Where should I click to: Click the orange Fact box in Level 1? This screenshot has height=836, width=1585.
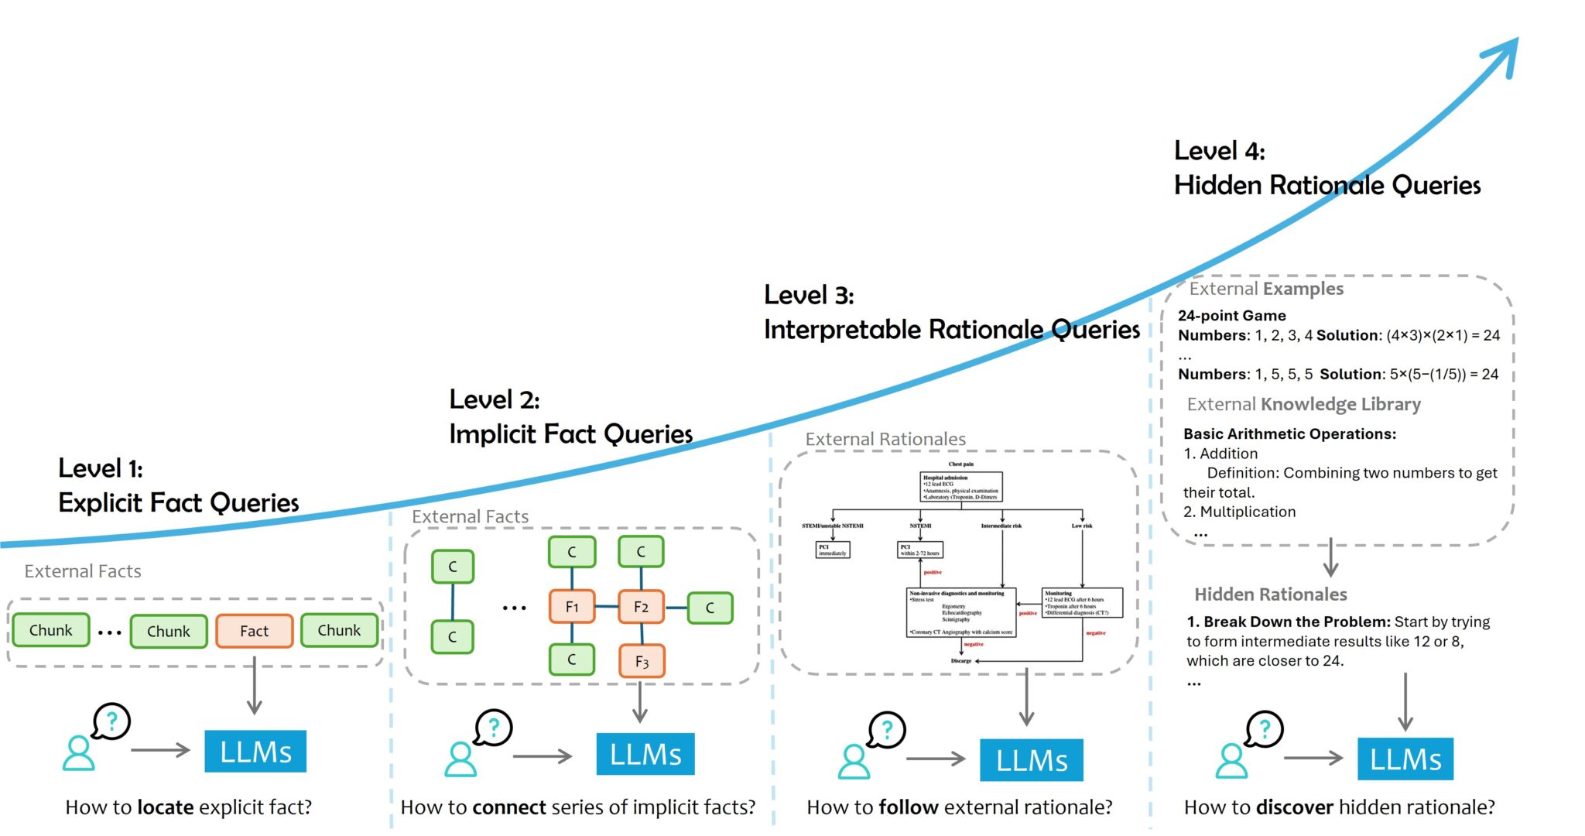click(254, 631)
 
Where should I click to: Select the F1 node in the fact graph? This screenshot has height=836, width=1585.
click(572, 607)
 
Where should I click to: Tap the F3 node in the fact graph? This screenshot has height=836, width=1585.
click(642, 662)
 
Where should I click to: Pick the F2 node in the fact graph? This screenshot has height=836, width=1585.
click(641, 607)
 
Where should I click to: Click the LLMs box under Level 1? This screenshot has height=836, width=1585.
click(255, 752)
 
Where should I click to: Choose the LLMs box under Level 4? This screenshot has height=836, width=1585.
click(1405, 759)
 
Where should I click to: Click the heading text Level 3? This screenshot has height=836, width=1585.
click(809, 295)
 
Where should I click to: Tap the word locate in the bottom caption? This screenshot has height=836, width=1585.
click(166, 807)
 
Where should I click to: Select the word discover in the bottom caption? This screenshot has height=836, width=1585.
click(1295, 807)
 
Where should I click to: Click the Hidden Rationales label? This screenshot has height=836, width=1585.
click(1270, 594)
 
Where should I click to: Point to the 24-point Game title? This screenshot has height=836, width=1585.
click(1231, 316)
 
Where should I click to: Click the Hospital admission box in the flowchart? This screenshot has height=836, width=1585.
click(961, 487)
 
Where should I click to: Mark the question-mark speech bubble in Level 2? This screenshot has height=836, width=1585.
click(494, 728)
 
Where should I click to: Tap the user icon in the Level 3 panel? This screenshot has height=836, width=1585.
click(854, 762)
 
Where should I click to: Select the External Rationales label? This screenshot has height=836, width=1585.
click(885, 440)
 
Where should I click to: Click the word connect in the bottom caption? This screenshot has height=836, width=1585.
click(509, 807)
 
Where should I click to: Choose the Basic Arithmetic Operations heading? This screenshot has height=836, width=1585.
click(1289, 434)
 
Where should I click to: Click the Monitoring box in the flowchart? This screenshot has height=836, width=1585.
click(1081, 603)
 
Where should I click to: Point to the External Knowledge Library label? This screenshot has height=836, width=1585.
click(1303, 404)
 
